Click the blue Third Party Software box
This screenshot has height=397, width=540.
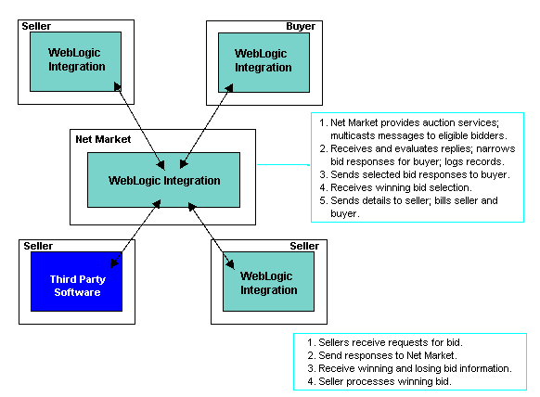coord(76,282)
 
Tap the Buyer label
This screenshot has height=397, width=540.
coord(301,26)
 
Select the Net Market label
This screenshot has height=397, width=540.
coord(103,139)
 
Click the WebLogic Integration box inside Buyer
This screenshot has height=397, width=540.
coord(264,63)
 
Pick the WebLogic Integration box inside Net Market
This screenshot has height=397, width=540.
coord(163,180)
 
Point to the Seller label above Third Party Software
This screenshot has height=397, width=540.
coord(38,246)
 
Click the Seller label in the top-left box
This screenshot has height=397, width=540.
coord(36,26)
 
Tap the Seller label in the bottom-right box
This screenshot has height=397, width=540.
coord(304,246)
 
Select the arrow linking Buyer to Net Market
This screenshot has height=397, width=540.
coord(206,126)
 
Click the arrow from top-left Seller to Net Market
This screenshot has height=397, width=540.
coord(139,126)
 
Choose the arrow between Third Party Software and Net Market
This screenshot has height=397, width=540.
coord(135,234)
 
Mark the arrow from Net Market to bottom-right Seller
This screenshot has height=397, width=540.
coord(212,236)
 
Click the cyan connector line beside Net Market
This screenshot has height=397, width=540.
coord(283,164)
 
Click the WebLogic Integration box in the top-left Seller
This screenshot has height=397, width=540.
coord(75,61)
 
